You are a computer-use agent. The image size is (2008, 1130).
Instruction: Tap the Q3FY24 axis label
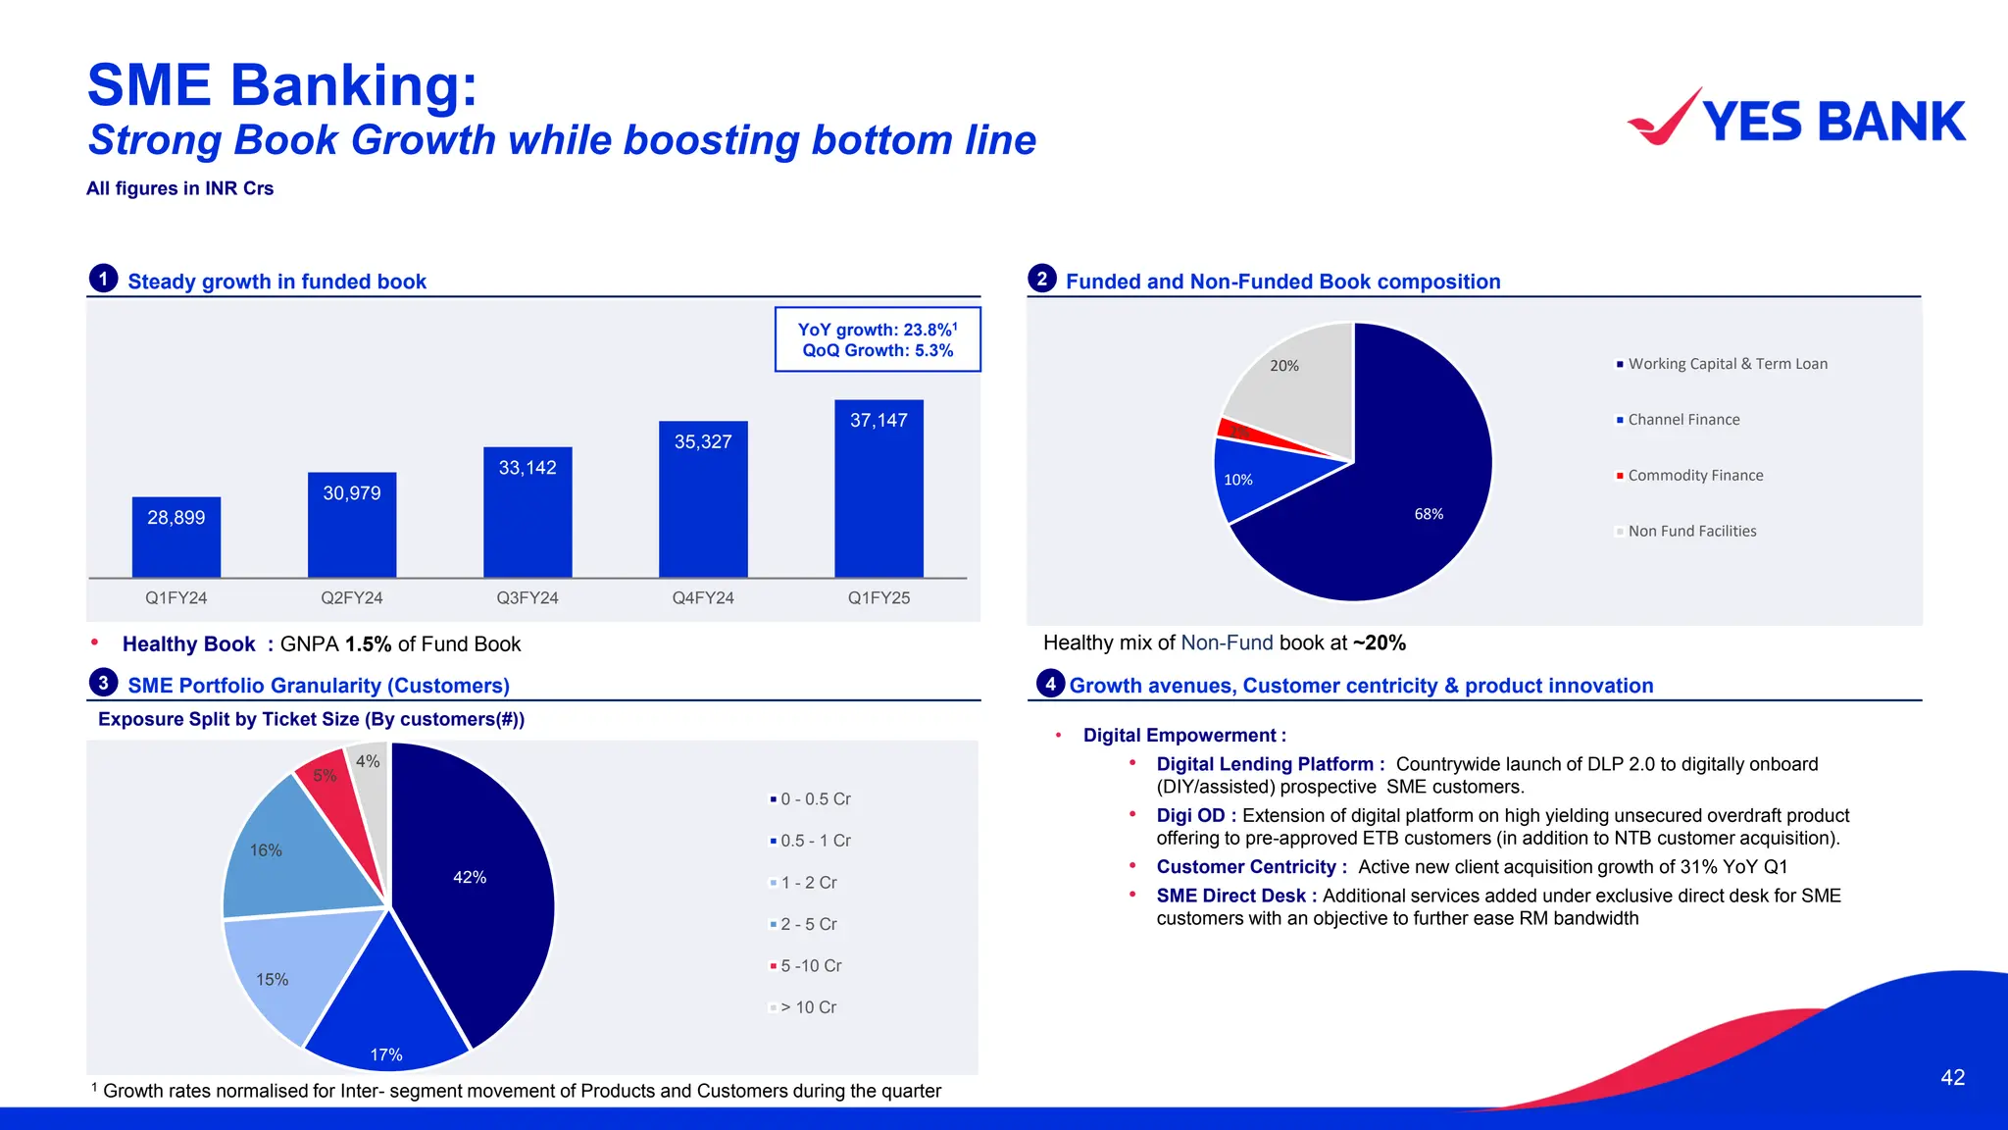527,597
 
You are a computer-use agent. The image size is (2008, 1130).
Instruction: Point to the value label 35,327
703,442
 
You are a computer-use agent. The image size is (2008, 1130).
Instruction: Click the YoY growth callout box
878,339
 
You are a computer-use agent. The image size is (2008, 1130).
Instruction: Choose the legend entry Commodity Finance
1694,476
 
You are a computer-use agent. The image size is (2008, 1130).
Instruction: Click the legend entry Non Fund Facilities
1691,532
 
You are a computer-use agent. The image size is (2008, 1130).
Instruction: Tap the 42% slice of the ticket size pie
471,883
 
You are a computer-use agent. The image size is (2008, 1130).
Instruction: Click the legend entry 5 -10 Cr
810,966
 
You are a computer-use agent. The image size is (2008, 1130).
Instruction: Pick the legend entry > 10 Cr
807,1007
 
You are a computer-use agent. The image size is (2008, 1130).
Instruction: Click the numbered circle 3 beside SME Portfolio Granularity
103,683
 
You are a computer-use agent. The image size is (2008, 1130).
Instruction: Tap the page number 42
1952,1077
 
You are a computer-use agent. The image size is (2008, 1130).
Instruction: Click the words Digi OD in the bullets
1190,815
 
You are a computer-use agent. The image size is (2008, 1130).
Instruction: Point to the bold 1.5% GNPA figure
368,644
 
